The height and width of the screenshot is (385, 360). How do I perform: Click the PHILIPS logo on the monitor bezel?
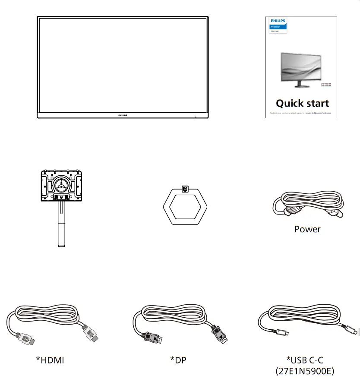[123, 116]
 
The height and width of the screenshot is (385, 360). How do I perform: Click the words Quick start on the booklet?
[302, 104]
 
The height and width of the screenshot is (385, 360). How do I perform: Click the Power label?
[307, 229]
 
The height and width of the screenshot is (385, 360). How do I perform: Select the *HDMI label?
[50, 360]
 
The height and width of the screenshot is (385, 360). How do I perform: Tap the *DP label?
[178, 360]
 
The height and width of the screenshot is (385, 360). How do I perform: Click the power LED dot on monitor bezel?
[195, 116]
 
